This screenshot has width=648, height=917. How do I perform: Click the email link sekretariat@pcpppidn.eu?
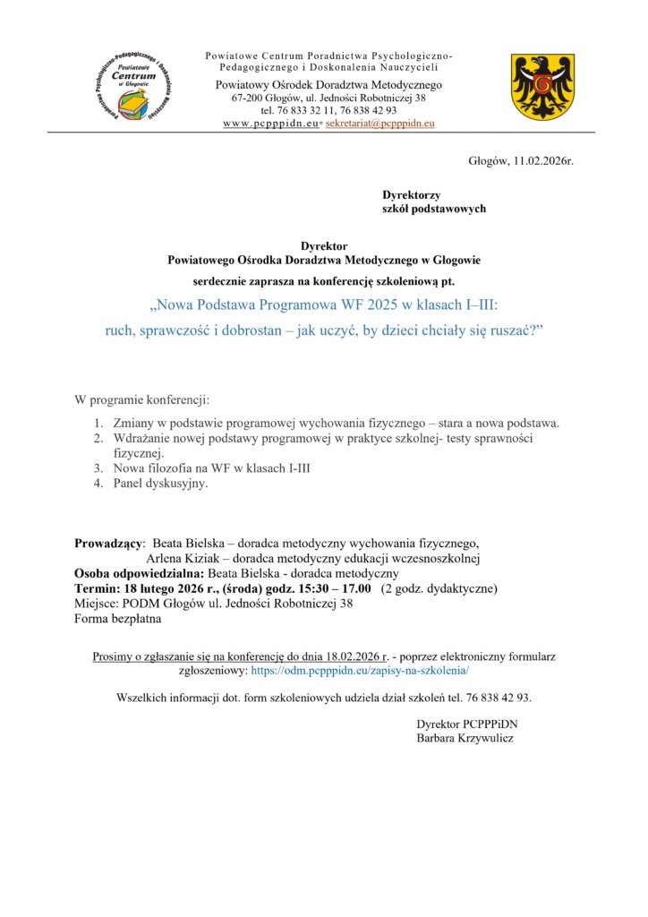379,123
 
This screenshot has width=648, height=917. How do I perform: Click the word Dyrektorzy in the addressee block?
412,194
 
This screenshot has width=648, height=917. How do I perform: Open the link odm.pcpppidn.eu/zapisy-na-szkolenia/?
360,670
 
